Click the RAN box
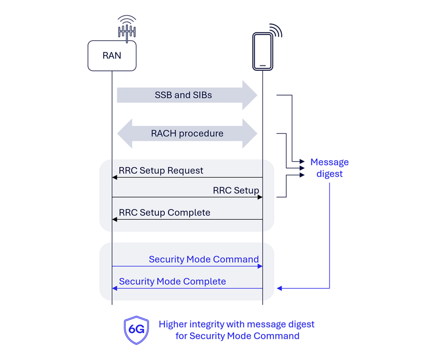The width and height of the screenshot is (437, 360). click(112, 56)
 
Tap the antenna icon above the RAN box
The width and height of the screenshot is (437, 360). click(127, 28)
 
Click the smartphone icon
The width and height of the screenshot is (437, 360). click(263, 52)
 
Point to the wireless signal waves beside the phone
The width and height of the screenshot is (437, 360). click(276, 30)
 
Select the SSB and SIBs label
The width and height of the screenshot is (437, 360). click(183, 95)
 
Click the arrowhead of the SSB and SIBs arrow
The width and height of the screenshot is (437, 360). click(250, 95)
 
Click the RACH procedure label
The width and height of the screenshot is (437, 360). click(187, 133)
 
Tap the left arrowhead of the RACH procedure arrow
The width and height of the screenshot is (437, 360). click(125, 134)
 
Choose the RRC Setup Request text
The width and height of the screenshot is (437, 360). click(161, 170)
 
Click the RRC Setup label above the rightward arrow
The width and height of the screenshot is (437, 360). click(236, 190)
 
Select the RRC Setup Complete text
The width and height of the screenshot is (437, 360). click(164, 212)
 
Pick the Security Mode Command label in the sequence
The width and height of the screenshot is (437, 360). click(203, 259)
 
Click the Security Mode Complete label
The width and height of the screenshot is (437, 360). click(172, 281)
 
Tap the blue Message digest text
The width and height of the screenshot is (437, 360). click(329, 168)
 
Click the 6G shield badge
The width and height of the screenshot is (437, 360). click(136, 329)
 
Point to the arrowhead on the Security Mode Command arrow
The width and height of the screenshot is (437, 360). click(260, 266)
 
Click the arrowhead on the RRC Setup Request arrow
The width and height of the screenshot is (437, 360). click(114, 177)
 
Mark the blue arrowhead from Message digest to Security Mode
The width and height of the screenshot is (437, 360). click(280, 289)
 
